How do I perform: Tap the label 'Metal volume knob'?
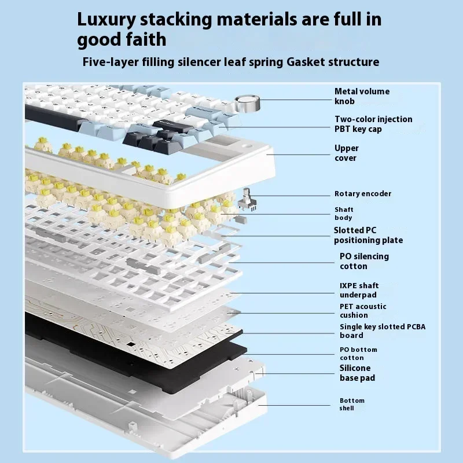(x=362, y=96)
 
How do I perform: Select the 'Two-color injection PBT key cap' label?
(x=373, y=124)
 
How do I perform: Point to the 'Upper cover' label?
(x=346, y=153)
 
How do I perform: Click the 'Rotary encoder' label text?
(x=362, y=194)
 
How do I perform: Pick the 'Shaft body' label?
(x=343, y=214)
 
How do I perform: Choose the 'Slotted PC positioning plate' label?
(x=368, y=235)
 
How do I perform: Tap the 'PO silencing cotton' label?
(x=364, y=261)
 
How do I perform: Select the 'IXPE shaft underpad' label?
(x=359, y=290)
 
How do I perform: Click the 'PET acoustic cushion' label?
(x=363, y=311)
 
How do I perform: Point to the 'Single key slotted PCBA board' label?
(x=382, y=331)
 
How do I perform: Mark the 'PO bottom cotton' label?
(x=358, y=353)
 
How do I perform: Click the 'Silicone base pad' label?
(x=357, y=373)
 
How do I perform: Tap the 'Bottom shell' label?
(x=352, y=404)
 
